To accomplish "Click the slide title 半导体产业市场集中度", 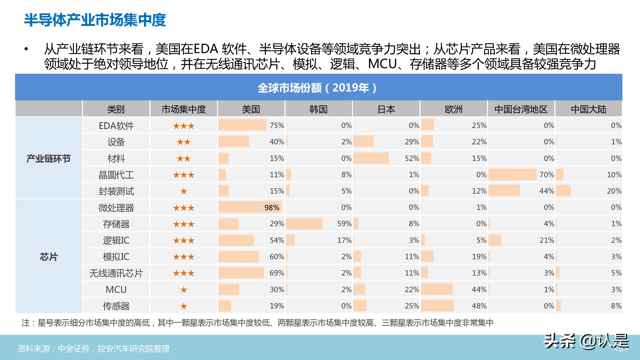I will click(x=95, y=20).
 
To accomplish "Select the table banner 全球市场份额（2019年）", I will click(x=318, y=88).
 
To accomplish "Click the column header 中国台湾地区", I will click(x=521, y=109).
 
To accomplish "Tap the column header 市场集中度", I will click(x=184, y=109).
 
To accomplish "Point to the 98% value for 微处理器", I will click(x=272, y=208).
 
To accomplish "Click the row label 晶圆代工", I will click(x=116, y=175).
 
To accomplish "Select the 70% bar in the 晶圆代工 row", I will click(x=512, y=175).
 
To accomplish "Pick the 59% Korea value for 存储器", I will click(x=344, y=224).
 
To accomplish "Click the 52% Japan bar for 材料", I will click(x=371, y=158).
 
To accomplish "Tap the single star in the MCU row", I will click(x=184, y=290).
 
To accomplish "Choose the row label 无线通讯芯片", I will click(x=116, y=273).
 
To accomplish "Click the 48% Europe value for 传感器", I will click(x=479, y=306).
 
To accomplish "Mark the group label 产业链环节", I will click(x=49, y=158).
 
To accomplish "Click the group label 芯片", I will click(x=49, y=257).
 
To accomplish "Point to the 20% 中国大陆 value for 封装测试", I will click(x=614, y=191).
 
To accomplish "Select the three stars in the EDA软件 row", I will click(x=184, y=126).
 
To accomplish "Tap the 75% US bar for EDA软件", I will click(x=242, y=125).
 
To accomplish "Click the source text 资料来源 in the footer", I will click(x=93, y=348).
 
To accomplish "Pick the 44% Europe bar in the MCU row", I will click(x=437, y=289).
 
